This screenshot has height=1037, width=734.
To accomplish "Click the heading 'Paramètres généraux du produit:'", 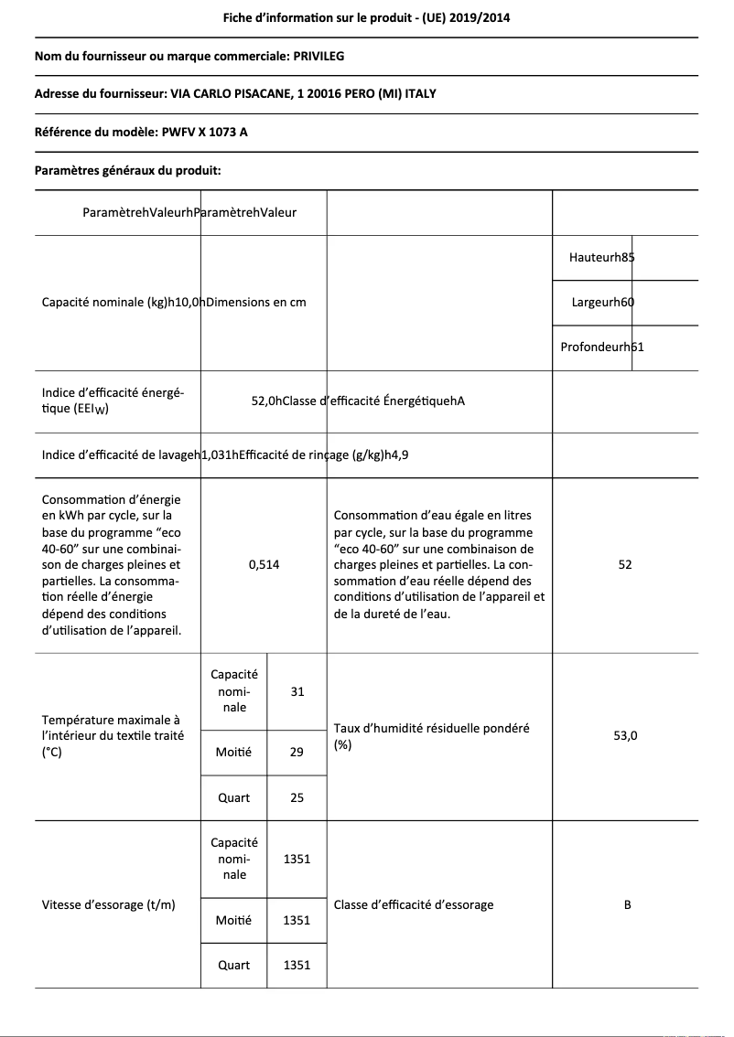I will [x=127, y=170].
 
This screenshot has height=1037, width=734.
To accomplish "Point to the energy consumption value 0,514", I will [x=264, y=565].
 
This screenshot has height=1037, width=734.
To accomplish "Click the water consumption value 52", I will [x=624, y=565].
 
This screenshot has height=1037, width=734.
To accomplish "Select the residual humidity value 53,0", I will [x=625, y=734].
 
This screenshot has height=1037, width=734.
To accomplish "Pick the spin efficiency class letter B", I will [x=627, y=905].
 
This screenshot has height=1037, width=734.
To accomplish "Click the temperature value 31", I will [x=297, y=692].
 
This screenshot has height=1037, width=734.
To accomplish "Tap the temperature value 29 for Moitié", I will [x=297, y=752].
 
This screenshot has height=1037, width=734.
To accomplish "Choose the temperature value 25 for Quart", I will [x=297, y=798].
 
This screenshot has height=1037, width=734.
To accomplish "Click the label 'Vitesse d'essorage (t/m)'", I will [x=109, y=905].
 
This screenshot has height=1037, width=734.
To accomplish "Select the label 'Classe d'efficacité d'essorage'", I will [x=414, y=905].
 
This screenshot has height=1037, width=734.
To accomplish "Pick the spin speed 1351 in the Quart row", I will [x=297, y=965].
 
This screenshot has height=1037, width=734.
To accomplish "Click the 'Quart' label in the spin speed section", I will [x=233, y=965].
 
